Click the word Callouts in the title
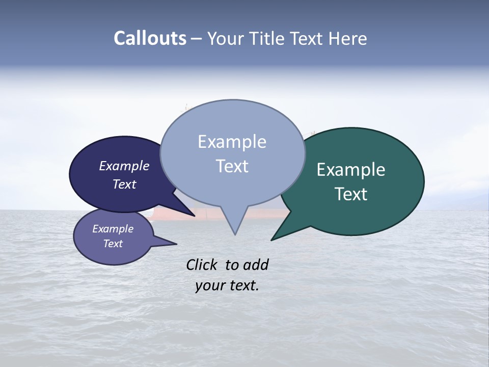point(150,38)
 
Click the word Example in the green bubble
point(351,170)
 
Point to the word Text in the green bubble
point(351,194)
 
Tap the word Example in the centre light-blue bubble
point(232,142)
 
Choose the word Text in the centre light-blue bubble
point(232,166)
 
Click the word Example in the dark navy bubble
point(124,166)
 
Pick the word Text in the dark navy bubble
point(124,184)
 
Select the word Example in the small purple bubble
point(113,229)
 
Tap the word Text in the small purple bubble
point(113,244)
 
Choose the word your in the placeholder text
point(209,285)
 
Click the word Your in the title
point(224,38)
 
